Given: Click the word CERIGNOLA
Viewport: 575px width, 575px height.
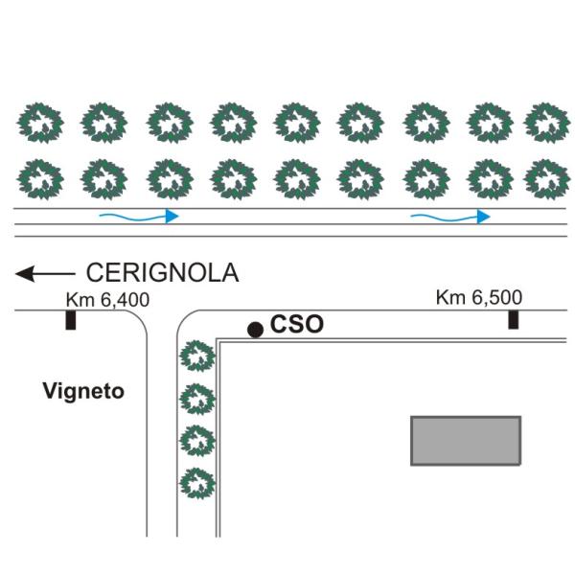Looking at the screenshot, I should tap(162, 273).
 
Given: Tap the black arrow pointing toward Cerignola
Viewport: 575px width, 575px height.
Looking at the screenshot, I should tap(44, 275).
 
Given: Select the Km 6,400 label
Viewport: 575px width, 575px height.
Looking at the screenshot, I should tap(108, 300).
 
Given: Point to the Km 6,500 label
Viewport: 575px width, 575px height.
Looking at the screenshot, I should tap(478, 298).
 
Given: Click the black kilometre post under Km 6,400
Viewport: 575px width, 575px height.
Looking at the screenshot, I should tap(71, 319).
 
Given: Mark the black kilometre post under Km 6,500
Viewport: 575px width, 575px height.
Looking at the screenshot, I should tap(514, 319).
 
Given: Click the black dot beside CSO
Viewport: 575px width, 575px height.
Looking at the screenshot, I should tap(255, 330).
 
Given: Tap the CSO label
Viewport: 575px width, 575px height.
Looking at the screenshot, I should tap(297, 326).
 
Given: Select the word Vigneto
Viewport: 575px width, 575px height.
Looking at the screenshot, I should tap(83, 391).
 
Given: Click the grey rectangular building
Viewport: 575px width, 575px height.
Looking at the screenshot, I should tap(466, 441).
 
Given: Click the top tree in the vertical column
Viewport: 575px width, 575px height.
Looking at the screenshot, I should tap(197, 356).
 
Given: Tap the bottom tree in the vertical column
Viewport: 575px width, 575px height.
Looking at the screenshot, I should tap(197, 482).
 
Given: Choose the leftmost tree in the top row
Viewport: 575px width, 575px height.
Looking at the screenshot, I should tap(42, 123).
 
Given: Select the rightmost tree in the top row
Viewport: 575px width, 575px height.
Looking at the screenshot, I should tap(546, 123).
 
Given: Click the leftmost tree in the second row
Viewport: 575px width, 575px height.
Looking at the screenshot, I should tap(42, 177).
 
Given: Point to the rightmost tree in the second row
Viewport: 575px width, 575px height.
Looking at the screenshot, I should tap(546, 177).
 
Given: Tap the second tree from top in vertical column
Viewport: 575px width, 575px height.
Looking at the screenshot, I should tap(197, 398).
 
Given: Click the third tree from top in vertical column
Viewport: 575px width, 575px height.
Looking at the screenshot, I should tap(197, 440).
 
